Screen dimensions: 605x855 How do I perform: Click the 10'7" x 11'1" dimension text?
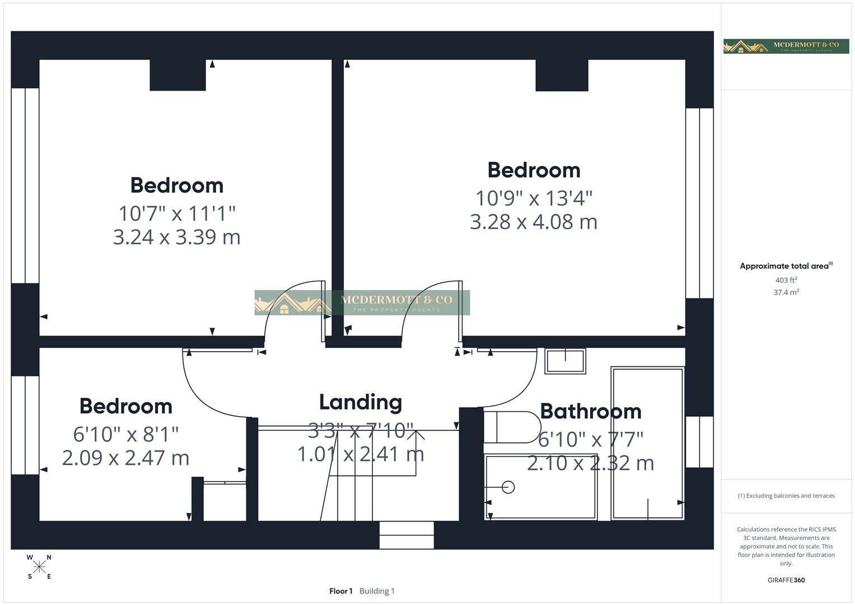176,213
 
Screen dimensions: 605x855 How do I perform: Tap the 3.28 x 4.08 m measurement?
533,222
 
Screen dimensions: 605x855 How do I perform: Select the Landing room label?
360,402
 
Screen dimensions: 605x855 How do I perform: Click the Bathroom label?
590,411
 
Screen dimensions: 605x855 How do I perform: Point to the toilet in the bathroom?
511,427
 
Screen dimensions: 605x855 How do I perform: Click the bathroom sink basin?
565,361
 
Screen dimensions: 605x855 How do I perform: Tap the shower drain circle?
508,487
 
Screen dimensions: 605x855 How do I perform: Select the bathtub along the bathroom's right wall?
648,443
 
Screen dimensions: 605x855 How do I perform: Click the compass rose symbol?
39,567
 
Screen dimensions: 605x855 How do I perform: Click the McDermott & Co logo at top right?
786,46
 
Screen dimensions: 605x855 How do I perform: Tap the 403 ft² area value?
786,280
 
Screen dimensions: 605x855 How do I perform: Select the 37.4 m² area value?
786,292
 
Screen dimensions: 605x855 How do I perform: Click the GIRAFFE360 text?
786,580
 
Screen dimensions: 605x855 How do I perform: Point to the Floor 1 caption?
340,591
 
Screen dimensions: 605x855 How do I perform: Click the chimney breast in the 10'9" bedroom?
562,75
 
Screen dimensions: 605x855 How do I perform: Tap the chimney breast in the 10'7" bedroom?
177,75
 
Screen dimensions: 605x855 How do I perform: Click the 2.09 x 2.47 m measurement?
125,458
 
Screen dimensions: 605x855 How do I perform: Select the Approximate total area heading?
786,266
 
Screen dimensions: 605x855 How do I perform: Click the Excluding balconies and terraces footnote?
786,496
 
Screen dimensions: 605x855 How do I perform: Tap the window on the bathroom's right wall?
699,441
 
